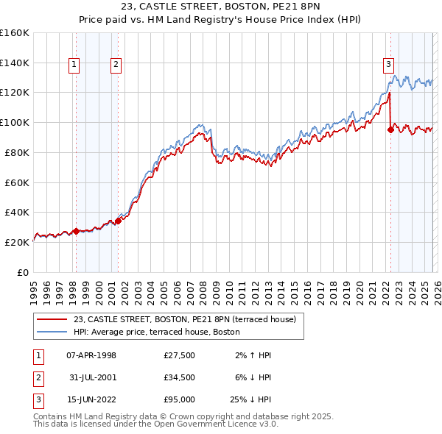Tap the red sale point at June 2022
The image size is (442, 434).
coord(390,130)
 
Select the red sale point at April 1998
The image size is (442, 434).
coord(76,231)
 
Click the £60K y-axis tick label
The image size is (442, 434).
coord(17,182)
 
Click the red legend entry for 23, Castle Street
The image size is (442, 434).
coord(184,319)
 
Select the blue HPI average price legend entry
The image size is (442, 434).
coord(156,332)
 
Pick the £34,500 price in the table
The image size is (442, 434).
coord(180,378)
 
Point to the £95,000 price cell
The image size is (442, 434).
coord(180,401)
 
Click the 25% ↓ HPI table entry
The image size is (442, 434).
coord(250,401)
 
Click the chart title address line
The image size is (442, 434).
coord(221,9)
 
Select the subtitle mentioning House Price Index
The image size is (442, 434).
coord(221,21)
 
